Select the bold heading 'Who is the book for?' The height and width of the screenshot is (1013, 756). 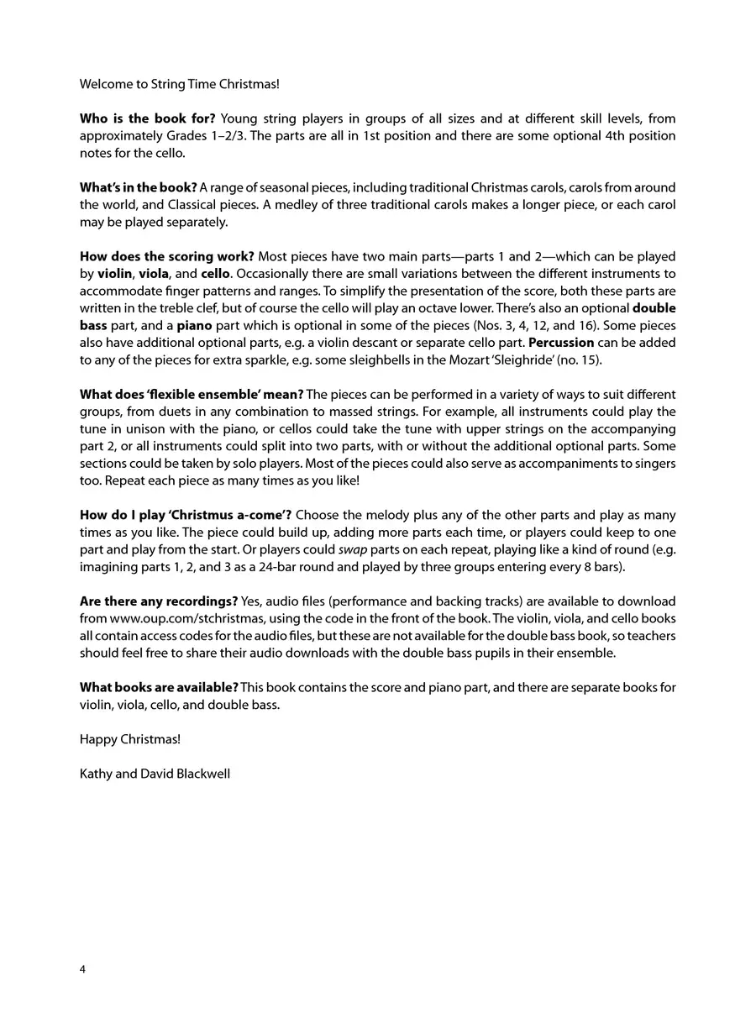pyautogui.click(x=147, y=118)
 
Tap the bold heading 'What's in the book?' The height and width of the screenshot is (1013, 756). pyautogui.click(x=139, y=187)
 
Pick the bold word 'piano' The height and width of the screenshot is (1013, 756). pyautogui.click(x=193, y=325)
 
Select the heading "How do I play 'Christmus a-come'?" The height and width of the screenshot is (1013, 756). pyautogui.click(x=186, y=515)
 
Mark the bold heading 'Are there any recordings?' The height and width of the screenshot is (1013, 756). pyautogui.click(x=158, y=601)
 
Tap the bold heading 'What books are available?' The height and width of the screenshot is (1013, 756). pyautogui.click(x=159, y=687)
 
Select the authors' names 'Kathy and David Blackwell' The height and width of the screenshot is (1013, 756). pyautogui.click(x=155, y=774)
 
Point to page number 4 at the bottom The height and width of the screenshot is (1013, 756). pyautogui.click(x=82, y=968)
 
